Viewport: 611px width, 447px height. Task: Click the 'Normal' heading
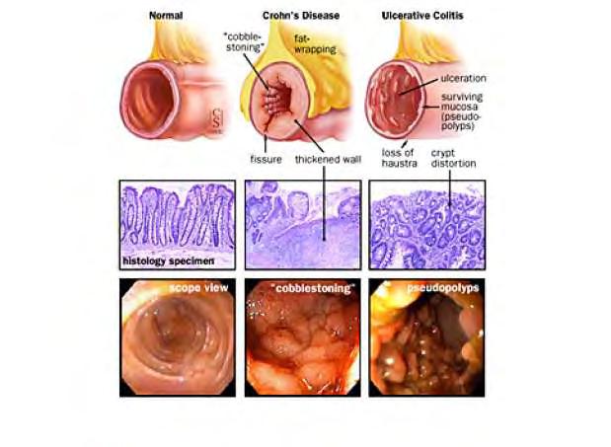click(x=166, y=16)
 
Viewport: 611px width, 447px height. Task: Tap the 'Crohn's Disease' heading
click(x=301, y=16)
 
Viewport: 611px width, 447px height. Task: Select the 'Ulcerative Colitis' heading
click(x=422, y=16)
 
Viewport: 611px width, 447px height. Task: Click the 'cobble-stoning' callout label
click(x=243, y=42)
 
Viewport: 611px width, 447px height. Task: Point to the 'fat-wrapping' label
click(x=315, y=44)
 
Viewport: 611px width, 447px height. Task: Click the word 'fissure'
click(x=266, y=159)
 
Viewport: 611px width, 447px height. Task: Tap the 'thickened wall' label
click(x=328, y=159)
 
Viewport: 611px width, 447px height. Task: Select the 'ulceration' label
click(x=463, y=78)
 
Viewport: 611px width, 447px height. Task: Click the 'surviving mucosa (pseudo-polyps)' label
click(x=462, y=112)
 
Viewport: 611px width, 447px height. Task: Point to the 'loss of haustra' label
click(x=399, y=158)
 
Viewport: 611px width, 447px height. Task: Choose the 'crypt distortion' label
click(x=454, y=158)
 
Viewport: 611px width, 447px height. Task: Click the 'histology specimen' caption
click(x=169, y=261)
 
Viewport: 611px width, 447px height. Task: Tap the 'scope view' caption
click(x=198, y=288)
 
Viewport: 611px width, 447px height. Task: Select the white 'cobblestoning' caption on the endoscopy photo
click(x=313, y=288)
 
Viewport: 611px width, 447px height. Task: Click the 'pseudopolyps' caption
click(x=442, y=288)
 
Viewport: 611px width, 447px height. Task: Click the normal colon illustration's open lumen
click(x=150, y=100)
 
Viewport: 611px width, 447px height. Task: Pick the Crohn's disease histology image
click(x=303, y=225)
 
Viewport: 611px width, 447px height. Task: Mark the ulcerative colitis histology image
click(x=427, y=225)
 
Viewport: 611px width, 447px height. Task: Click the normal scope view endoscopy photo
click(x=178, y=337)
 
